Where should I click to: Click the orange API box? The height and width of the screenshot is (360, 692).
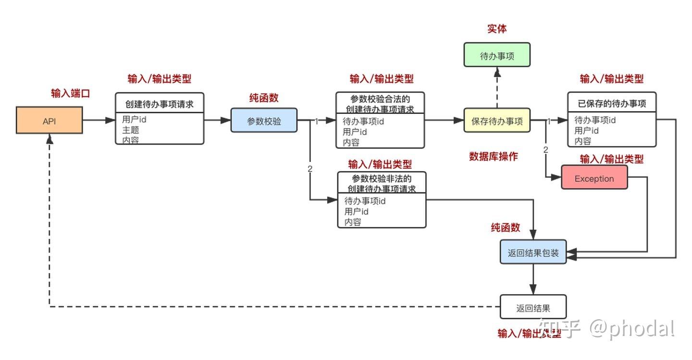point(49,121)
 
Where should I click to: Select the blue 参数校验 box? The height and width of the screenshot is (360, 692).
point(264,121)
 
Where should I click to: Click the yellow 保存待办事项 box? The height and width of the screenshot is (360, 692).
point(497,121)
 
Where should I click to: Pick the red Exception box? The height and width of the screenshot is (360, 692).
point(594,178)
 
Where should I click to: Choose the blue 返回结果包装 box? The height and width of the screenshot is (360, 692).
point(533,252)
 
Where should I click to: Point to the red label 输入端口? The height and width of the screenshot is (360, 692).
point(71,93)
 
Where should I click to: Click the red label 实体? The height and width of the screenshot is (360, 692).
point(497,29)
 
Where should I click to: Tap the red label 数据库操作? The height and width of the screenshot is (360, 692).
point(494,156)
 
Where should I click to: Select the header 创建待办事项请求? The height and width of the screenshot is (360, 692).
point(160,103)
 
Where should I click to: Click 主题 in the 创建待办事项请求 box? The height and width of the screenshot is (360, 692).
point(131,130)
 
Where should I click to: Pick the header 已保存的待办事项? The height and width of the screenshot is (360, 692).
point(611,103)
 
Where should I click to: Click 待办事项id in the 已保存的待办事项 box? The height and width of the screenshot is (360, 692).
point(595,120)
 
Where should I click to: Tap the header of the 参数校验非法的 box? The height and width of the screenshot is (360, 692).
point(382,183)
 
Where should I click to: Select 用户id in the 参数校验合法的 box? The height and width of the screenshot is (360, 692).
point(355,132)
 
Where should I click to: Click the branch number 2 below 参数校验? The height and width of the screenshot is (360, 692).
point(310,169)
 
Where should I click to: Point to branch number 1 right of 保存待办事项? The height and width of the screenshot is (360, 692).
point(549,122)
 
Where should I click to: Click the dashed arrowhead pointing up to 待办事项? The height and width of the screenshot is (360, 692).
point(497,72)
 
